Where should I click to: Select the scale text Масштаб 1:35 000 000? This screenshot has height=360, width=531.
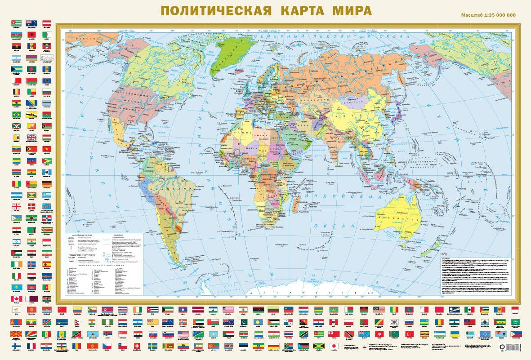488,15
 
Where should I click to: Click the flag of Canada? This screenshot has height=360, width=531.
17,299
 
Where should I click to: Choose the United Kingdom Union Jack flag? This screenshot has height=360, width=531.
32,138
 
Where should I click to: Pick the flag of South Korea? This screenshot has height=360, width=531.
395,322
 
